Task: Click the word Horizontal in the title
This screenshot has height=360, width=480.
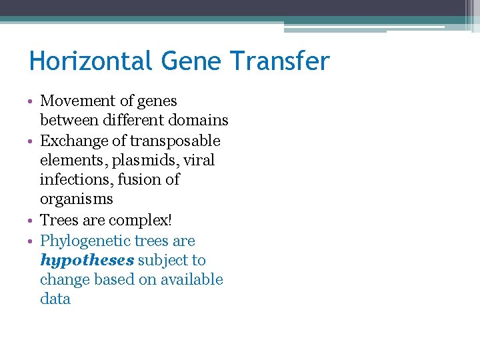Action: tap(91, 62)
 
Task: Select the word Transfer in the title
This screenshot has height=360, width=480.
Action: tap(280, 62)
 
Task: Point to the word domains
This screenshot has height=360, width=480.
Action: tap(199, 121)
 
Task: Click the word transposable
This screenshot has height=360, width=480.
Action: tap(175, 141)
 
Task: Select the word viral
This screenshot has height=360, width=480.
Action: tap(199, 161)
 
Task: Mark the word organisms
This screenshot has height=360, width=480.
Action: tap(76, 199)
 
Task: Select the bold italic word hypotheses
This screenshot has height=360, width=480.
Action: tap(87, 260)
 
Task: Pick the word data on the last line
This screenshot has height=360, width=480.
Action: tap(55, 299)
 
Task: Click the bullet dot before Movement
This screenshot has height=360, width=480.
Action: tap(31, 102)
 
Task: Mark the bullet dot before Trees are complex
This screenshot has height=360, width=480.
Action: tap(31, 220)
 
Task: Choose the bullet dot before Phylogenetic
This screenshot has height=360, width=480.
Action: tap(31, 241)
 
